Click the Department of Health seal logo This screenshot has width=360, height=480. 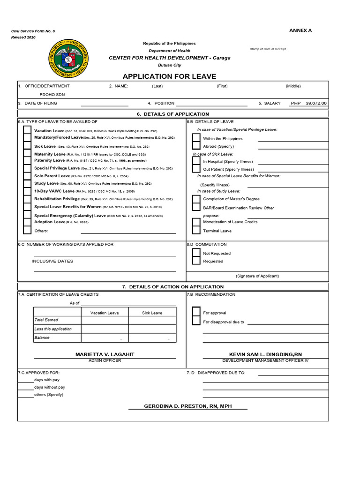[x=70, y=59]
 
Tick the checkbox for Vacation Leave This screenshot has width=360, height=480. [x=27, y=131]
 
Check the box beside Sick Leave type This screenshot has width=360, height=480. [x=27, y=147]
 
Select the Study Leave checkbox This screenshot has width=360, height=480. [x=27, y=184]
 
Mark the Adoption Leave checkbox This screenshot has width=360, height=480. [x=27, y=222]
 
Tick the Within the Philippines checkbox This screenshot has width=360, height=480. [x=196, y=139]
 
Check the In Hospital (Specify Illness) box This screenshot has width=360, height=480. [x=196, y=161]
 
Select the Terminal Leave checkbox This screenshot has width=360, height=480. [x=196, y=231]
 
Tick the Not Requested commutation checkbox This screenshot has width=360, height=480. [x=196, y=253]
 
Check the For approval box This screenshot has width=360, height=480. [x=196, y=313]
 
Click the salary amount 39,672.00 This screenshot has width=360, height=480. [x=316, y=103]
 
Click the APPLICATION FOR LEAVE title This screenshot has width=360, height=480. [x=169, y=76]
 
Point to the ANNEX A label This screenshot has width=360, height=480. [x=300, y=30]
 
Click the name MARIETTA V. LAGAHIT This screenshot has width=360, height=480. [x=105, y=354]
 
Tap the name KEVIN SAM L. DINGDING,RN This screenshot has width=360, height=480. [x=265, y=354]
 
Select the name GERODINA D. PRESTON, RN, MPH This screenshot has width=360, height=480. [x=187, y=406]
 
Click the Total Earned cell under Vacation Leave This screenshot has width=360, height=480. [x=105, y=320]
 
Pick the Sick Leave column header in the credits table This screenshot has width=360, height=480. [x=152, y=313]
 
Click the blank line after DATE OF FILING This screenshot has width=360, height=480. [x=105, y=103]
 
